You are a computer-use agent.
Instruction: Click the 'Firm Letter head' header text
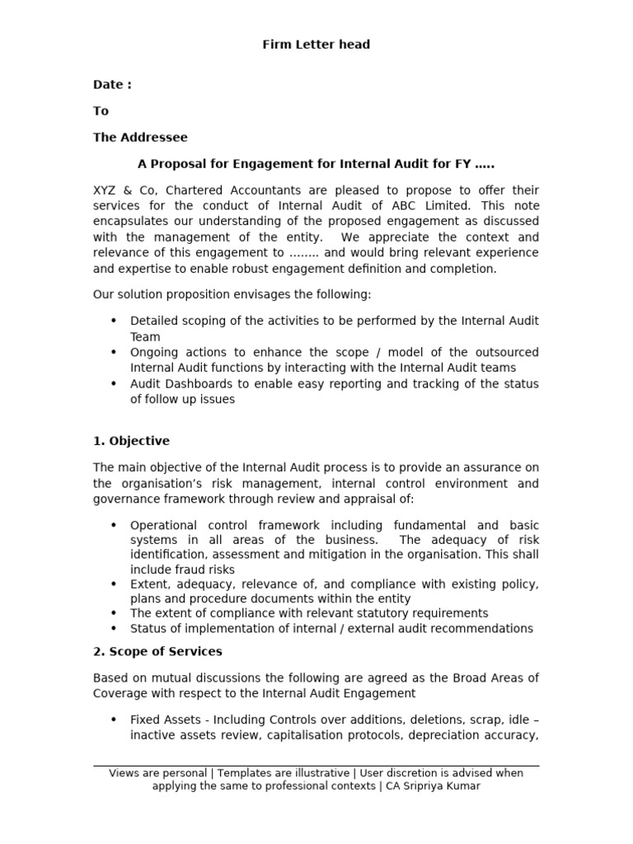coord(316,45)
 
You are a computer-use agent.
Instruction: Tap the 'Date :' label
coord(111,84)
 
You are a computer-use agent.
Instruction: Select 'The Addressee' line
coord(139,137)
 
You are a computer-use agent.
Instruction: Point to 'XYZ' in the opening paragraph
coord(105,190)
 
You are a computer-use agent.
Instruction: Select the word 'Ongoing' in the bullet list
coord(153,352)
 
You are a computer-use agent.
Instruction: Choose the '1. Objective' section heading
coord(131,441)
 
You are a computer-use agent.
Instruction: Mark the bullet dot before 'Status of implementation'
coord(113,629)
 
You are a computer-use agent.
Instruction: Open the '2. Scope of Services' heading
coord(157,651)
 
